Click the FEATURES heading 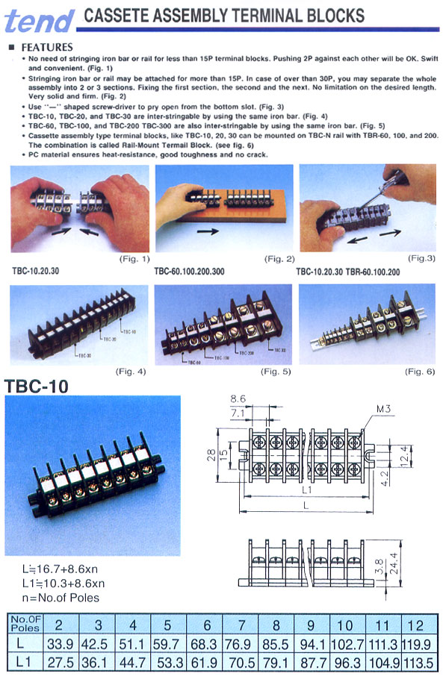pos(47,46)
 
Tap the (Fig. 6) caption pos(420,371)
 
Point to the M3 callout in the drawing pos(385,409)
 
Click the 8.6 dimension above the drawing pos(238,400)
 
